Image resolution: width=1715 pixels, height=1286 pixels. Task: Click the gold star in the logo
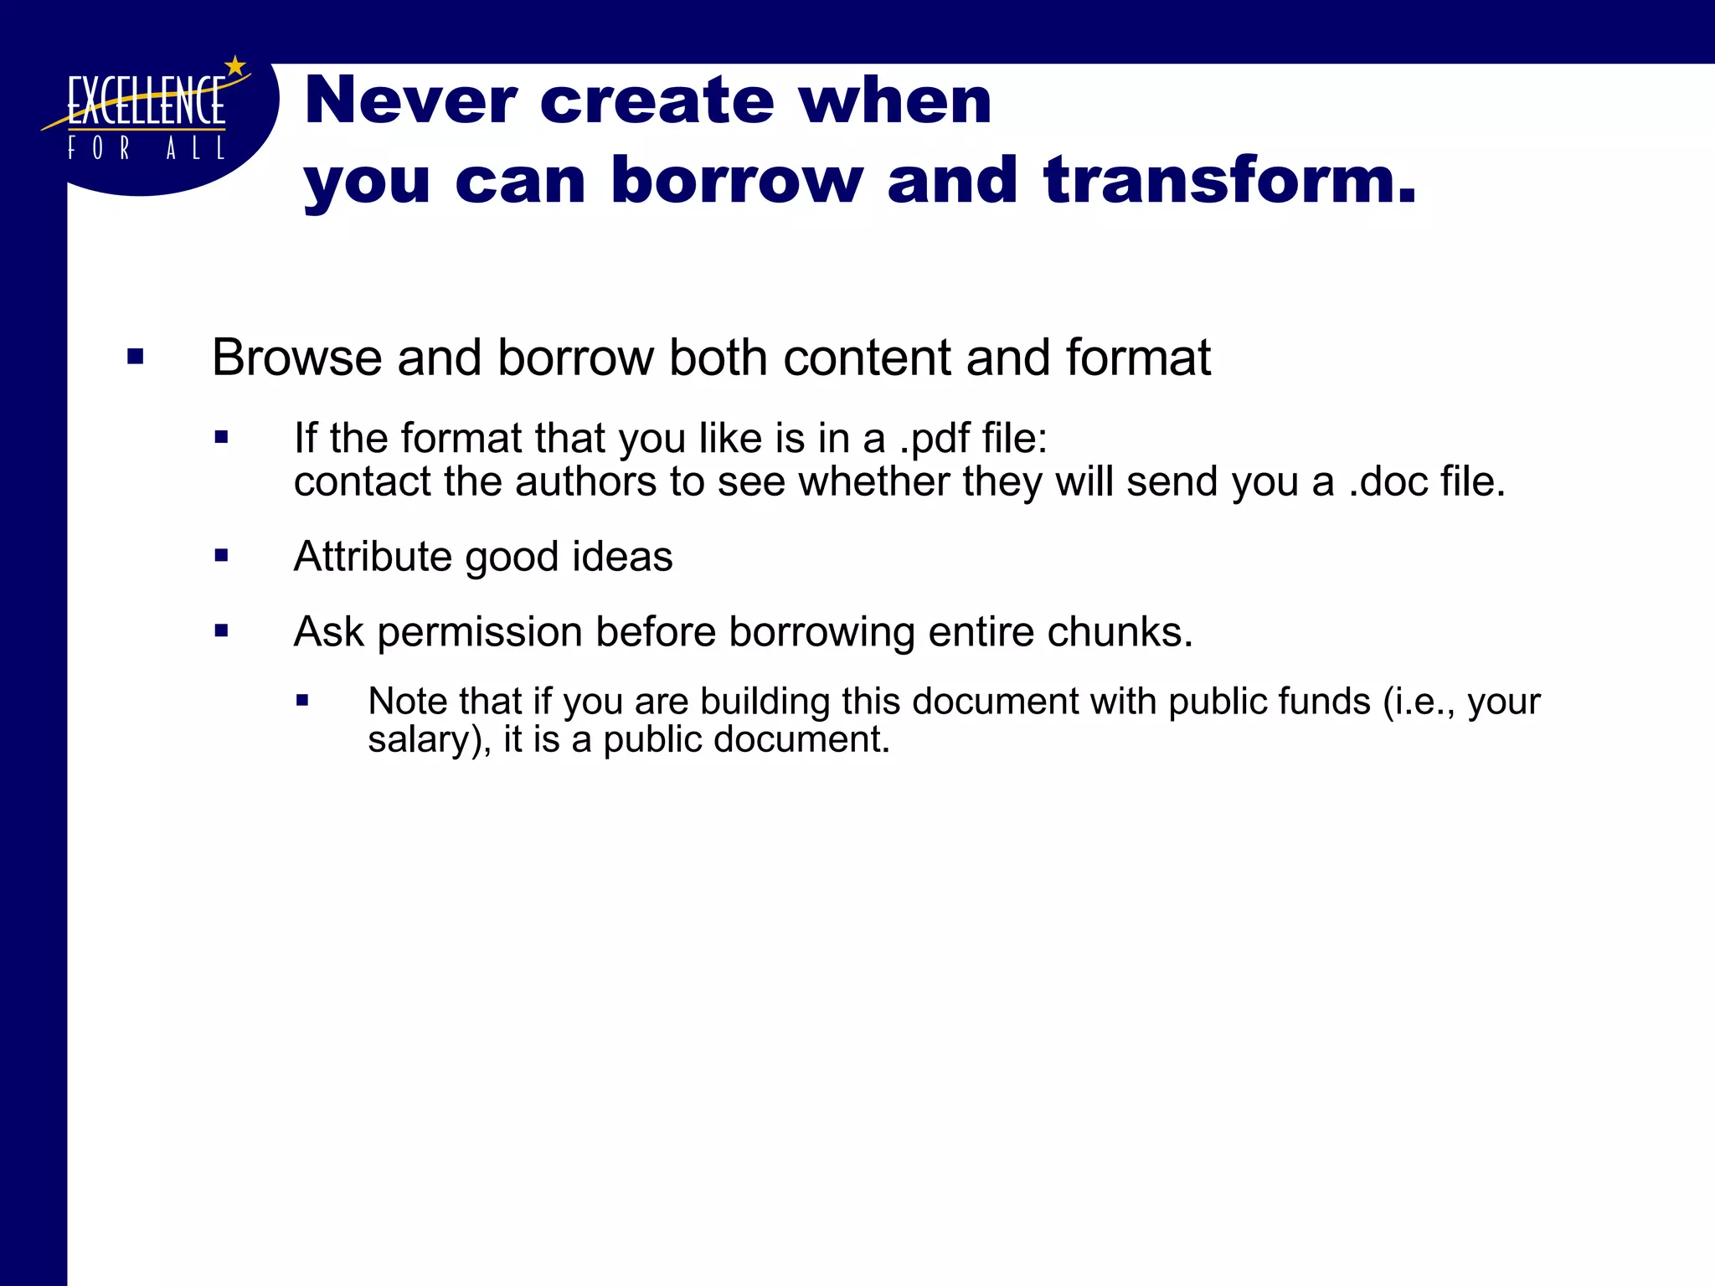tap(236, 65)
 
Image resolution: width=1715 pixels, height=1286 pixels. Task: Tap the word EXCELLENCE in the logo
tap(146, 101)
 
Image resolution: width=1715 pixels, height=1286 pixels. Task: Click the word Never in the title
tap(410, 100)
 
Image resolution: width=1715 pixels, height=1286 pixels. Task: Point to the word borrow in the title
tap(736, 179)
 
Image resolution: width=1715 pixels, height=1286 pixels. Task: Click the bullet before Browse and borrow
tap(136, 358)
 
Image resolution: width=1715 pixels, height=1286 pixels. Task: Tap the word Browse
tap(297, 358)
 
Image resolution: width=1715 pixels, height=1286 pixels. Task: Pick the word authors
tap(585, 481)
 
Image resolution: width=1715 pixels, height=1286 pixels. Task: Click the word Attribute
tap(373, 557)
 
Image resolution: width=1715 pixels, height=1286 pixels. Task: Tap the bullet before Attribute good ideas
tap(221, 555)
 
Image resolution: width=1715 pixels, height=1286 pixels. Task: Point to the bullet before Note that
tap(302, 701)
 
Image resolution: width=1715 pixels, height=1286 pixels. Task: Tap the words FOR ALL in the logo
tap(146, 149)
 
